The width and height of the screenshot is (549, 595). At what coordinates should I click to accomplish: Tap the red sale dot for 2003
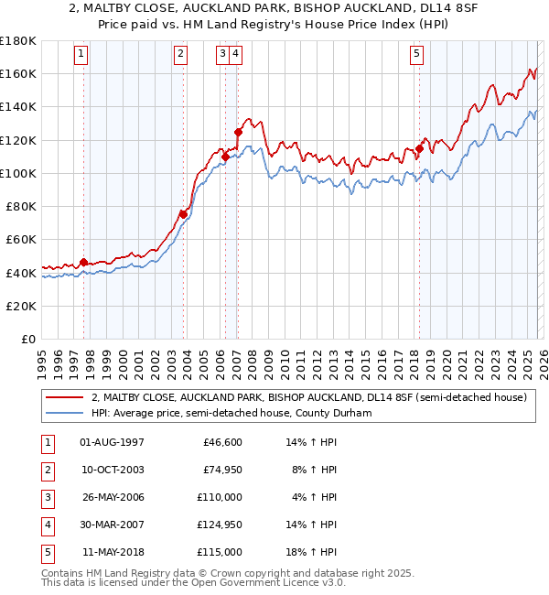(183, 214)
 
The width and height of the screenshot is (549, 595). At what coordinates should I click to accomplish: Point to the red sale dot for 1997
(83, 262)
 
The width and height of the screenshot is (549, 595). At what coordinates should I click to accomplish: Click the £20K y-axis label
(21, 306)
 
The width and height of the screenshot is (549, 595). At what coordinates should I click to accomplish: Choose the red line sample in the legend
(66, 398)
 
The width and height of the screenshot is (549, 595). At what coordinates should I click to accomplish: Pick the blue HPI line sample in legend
(66, 413)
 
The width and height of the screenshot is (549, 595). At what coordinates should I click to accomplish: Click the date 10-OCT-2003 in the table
(113, 470)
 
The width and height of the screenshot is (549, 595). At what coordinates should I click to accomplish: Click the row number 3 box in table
(45, 497)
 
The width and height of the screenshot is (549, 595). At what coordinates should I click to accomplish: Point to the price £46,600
(222, 442)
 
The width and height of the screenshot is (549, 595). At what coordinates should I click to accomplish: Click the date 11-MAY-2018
(113, 552)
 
